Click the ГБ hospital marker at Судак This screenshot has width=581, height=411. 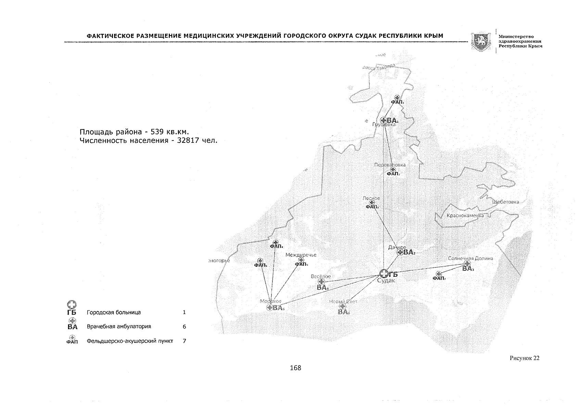384,273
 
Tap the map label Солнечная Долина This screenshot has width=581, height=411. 470,258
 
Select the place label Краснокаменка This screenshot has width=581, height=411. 465,216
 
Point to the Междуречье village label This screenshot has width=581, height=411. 301,255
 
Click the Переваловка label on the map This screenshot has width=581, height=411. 390,165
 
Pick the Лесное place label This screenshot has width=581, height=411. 371,198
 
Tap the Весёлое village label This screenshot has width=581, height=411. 320,276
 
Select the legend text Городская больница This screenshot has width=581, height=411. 114,312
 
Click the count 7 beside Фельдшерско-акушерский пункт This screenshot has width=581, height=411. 184,341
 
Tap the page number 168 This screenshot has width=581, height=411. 295,368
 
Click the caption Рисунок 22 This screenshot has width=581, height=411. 525,358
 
